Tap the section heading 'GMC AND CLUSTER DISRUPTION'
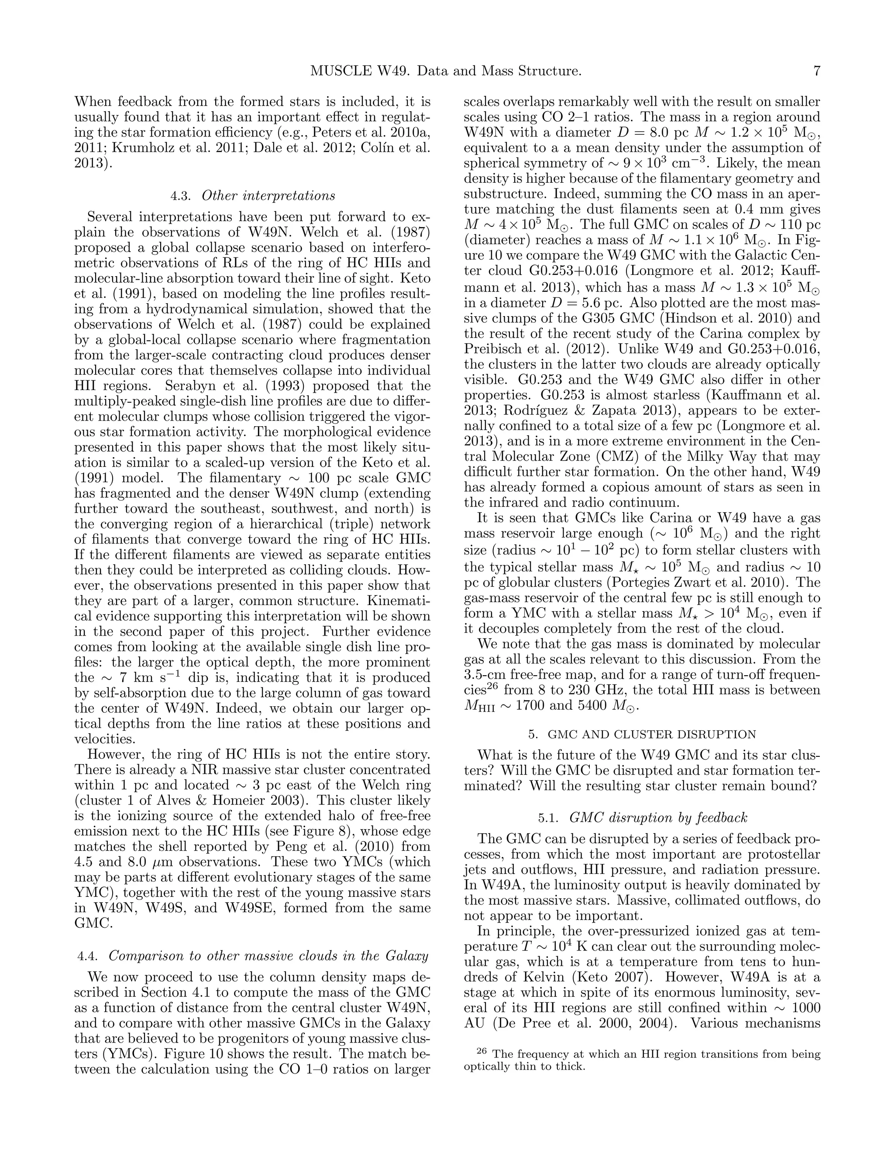[651, 734]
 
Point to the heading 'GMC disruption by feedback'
[658, 818]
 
